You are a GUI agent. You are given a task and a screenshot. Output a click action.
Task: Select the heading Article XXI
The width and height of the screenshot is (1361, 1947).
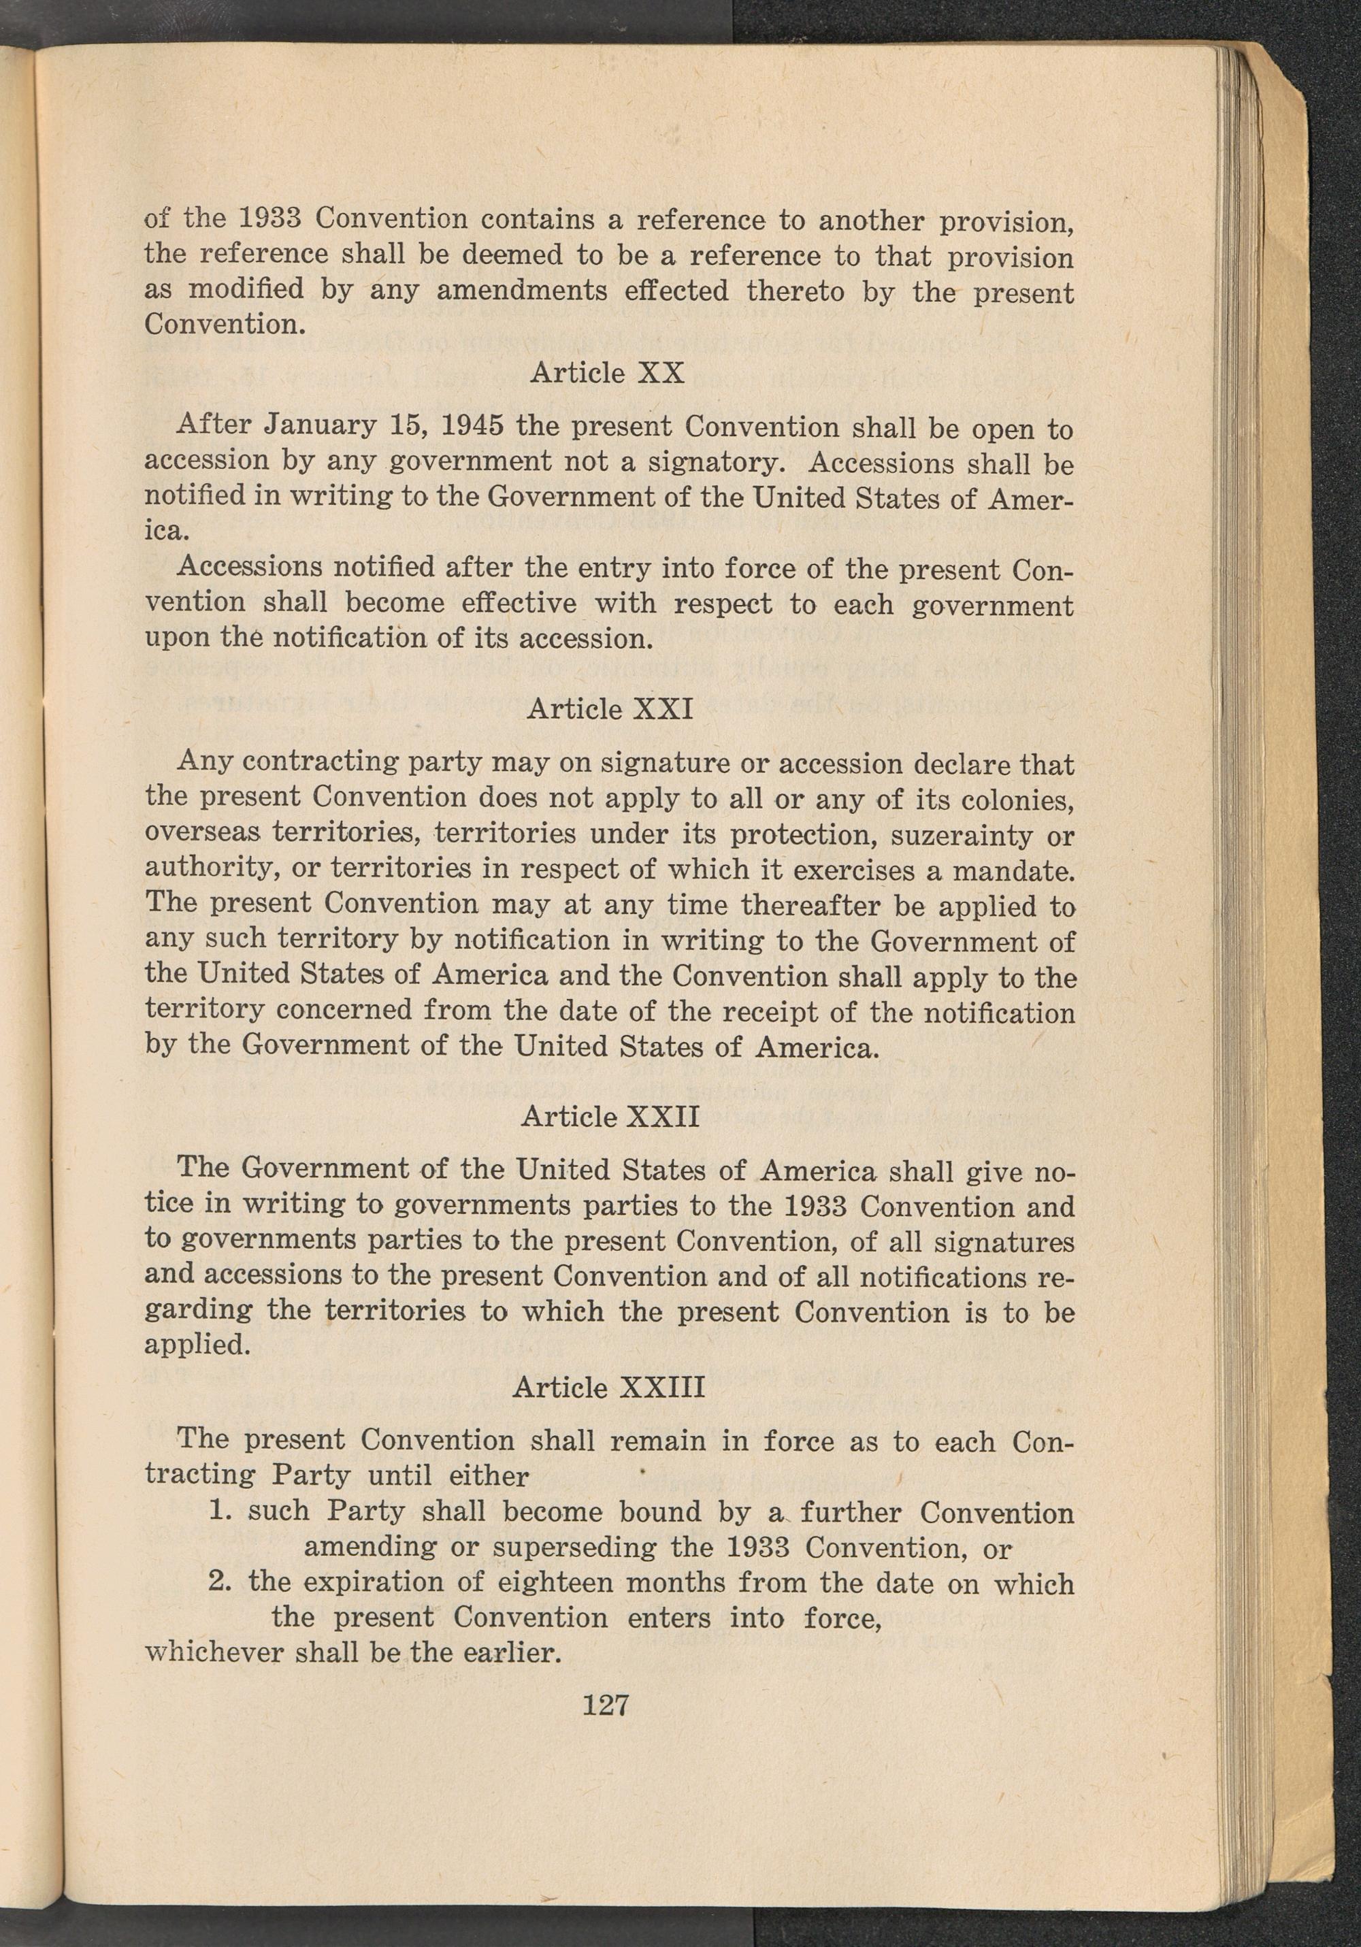tap(610, 708)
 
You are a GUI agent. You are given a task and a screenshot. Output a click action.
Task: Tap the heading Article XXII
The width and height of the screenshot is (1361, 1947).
tap(610, 1116)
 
